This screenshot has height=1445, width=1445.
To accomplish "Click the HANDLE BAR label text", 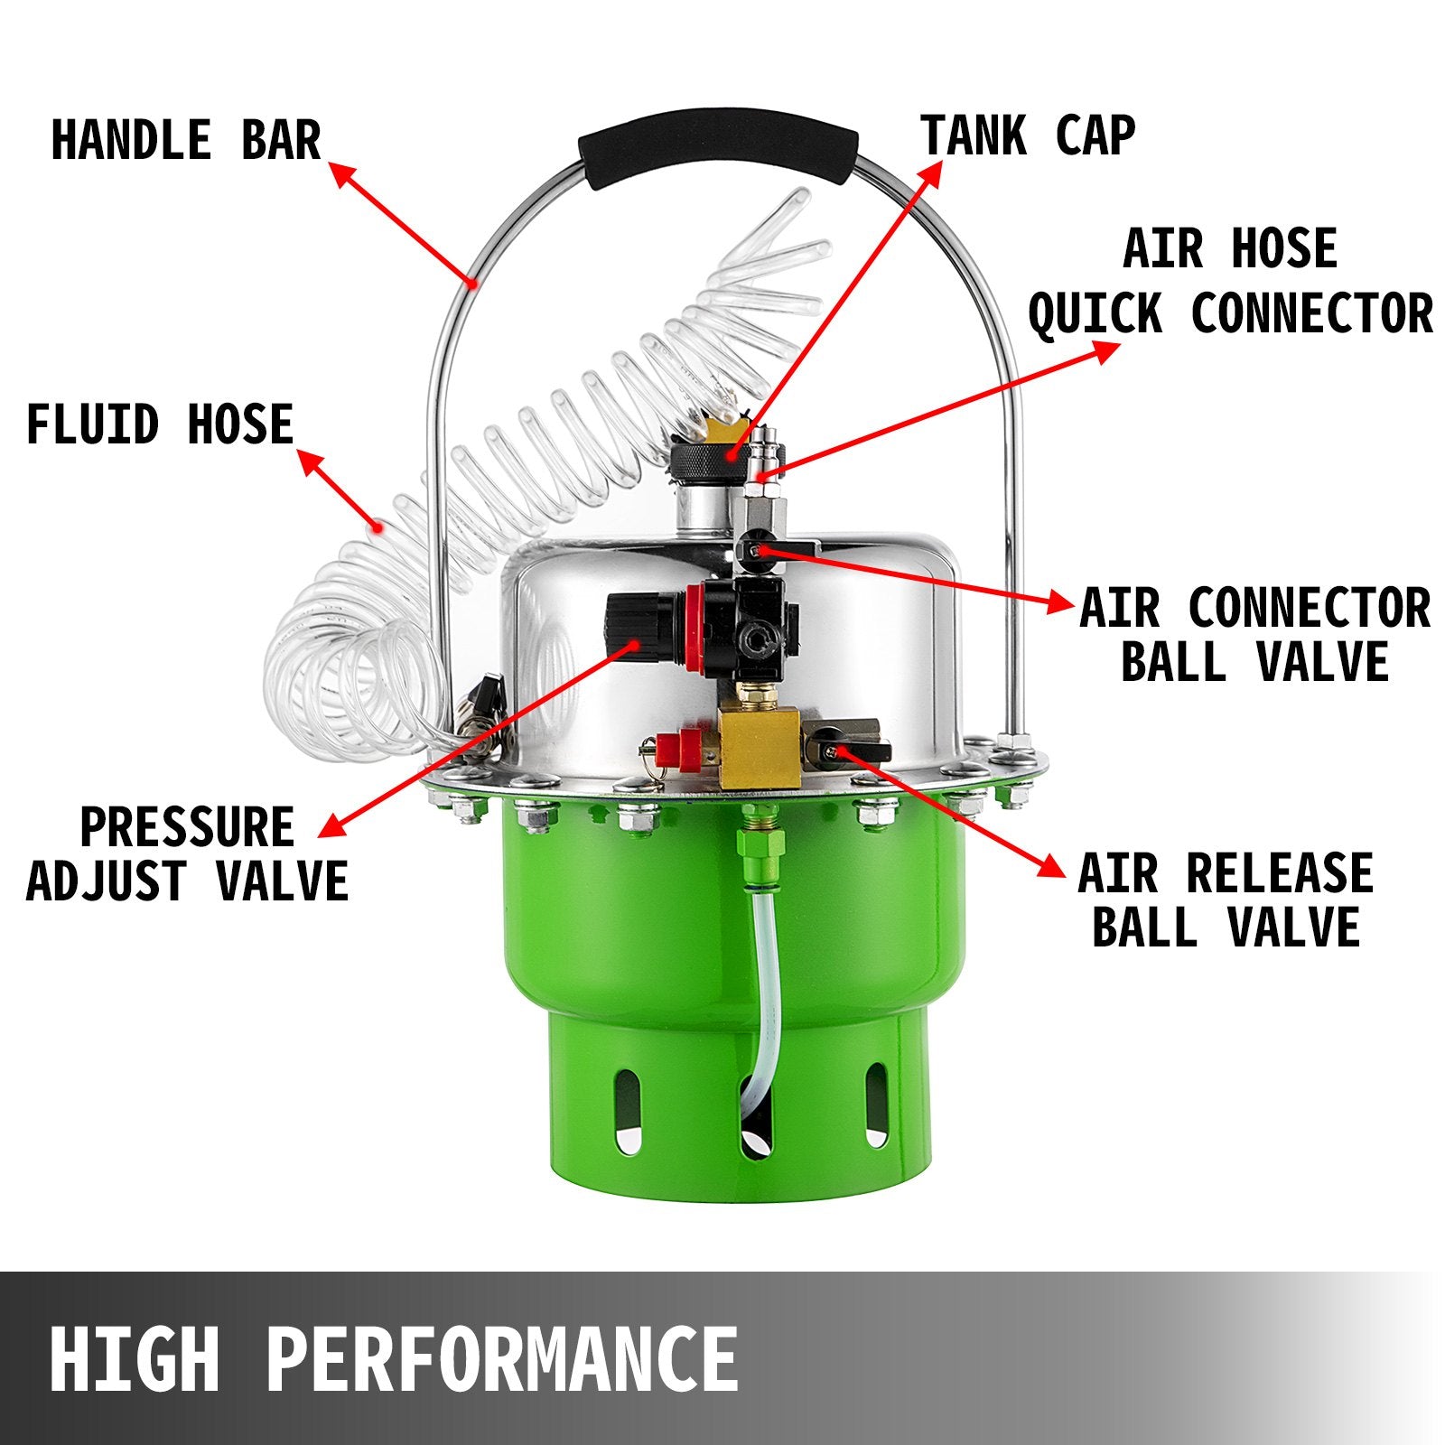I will (x=186, y=141).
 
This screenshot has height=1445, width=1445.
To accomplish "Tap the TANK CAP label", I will (x=1028, y=135).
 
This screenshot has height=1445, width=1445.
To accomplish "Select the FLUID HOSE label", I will (x=160, y=424).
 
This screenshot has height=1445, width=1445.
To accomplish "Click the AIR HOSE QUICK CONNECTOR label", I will (x=1230, y=281).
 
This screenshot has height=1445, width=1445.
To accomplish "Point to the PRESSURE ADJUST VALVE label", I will (x=188, y=853).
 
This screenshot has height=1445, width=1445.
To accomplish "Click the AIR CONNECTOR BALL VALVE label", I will (x=1254, y=634).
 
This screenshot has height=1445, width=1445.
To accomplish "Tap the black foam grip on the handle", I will (x=718, y=154).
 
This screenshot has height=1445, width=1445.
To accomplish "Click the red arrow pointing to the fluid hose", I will (x=340, y=489).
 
